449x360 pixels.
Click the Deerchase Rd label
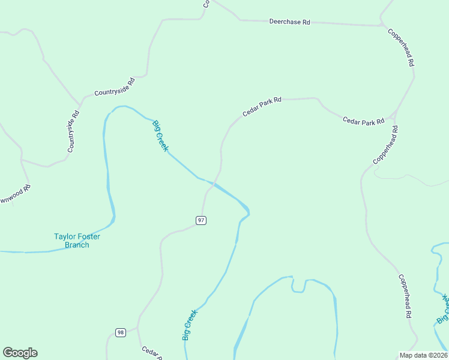click(x=289, y=22)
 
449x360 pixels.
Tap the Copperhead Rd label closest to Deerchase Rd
click(x=401, y=47)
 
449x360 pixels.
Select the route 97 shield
click(x=201, y=220)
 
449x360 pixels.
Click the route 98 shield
click(x=121, y=332)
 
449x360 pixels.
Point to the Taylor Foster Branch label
click(x=77, y=241)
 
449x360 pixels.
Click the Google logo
click(x=20, y=353)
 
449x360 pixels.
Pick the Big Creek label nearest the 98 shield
click(x=190, y=325)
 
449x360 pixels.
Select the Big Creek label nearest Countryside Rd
click(x=160, y=136)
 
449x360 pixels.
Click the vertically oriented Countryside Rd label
click(x=73, y=132)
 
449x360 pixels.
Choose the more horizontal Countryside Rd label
click(x=114, y=87)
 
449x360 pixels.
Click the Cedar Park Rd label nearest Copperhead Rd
click(x=363, y=121)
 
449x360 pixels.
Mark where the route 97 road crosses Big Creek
click(x=212, y=182)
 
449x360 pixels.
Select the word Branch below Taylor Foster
click(x=77, y=245)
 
